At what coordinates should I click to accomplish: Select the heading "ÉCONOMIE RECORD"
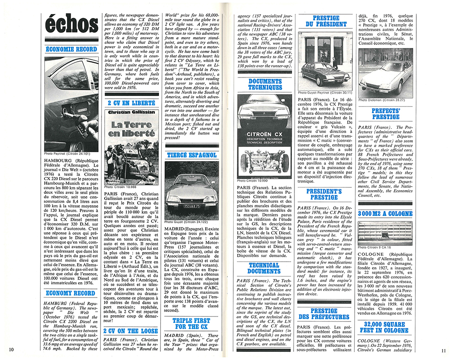point(71,49)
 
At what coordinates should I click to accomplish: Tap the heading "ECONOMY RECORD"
point(71,293)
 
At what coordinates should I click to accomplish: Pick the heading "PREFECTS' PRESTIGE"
point(386,113)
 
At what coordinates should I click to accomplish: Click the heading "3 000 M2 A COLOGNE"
point(386,213)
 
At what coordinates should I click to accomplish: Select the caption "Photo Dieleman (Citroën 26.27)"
point(382,100)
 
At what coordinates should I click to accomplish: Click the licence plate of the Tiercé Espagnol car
point(186,206)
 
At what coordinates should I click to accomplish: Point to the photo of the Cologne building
point(386,232)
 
